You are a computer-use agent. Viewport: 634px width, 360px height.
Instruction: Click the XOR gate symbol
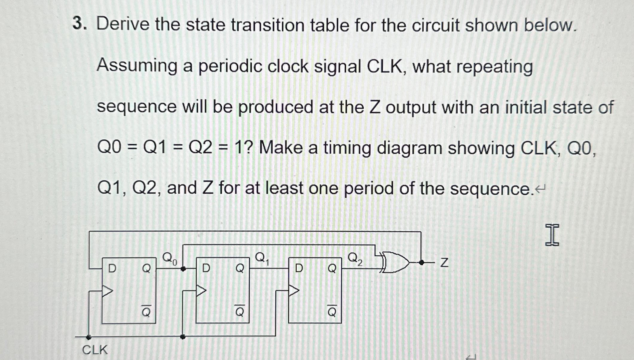click(x=395, y=262)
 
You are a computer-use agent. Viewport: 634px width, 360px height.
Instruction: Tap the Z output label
click(x=444, y=263)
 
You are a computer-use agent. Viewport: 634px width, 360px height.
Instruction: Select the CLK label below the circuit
click(x=95, y=350)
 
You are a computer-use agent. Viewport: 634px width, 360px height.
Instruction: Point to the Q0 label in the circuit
click(x=169, y=258)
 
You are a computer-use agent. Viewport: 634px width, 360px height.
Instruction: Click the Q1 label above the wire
click(x=262, y=258)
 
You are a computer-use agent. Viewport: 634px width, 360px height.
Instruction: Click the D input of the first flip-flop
click(x=112, y=268)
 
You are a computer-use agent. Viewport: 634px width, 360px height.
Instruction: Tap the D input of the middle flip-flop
click(x=206, y=268)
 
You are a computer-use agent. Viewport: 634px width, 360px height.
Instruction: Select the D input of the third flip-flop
click(x=299, y=268)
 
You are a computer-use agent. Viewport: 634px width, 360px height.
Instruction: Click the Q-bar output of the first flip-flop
click(x=146, y=311)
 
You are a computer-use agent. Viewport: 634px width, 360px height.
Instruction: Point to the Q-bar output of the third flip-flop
click(x=332, y=311)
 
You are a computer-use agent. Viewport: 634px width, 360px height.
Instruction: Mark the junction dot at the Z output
click(x=421, y=263)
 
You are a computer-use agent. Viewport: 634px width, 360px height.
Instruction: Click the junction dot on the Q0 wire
click(x=183, y=269)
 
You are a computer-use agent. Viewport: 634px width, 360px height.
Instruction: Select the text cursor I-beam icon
click(x=552, y=235)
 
